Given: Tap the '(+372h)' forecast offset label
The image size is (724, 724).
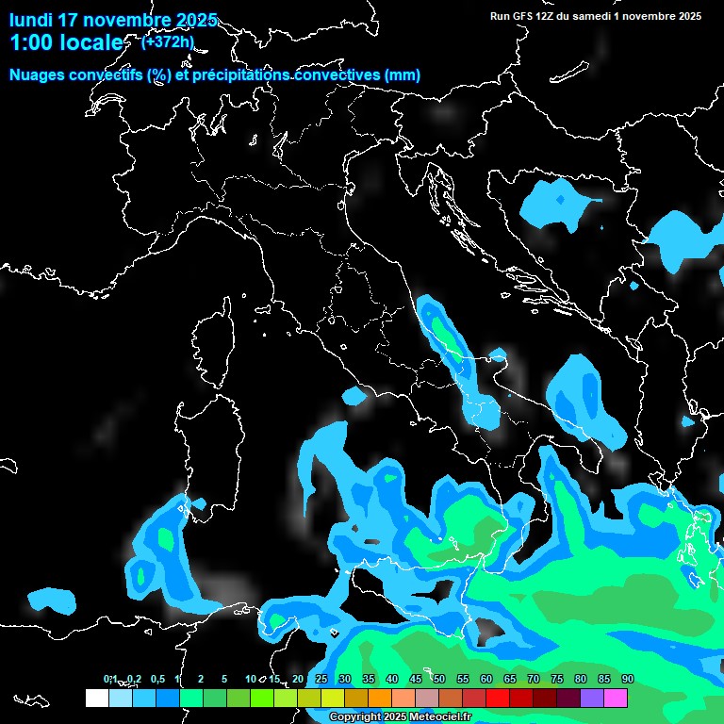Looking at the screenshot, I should tap(167, 41).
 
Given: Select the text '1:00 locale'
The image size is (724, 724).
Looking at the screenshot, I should tap(65, 43).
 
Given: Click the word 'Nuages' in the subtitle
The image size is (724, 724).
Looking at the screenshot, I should tap(37, 75).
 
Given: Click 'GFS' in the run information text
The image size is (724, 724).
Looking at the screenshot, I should tap(527, 16).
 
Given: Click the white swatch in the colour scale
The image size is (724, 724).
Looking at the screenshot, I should tap(96, 698).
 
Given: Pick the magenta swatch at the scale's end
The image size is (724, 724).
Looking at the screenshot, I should tap(616, 698).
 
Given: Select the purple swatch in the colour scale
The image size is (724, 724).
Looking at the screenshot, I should tap(592, 698).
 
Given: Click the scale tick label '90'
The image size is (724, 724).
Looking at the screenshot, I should tap(628, 679).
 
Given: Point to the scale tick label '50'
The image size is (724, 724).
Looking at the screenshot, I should tap(439, 679).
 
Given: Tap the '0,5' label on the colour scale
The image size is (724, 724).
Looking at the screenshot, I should tap(157, 679).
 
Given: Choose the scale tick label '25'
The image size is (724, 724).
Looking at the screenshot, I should tap(321, 679).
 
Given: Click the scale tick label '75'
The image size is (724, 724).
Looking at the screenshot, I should tap(557, 679).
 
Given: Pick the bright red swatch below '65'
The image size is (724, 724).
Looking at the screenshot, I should tap(498, 698).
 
